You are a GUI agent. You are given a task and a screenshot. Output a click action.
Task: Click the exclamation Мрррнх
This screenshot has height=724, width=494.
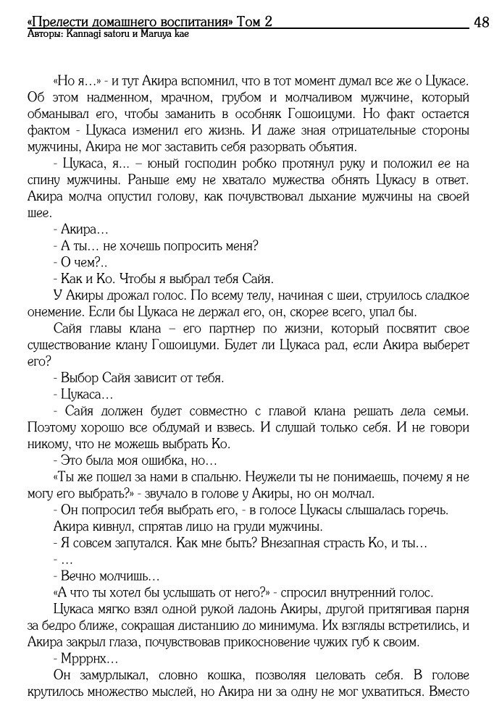[80, 659]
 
